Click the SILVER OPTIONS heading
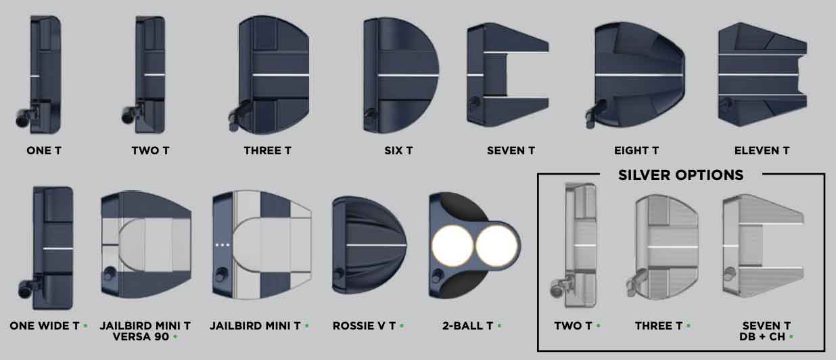pos(680,175)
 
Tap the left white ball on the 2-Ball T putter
pos(452,246)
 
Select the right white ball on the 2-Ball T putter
pos(496,246)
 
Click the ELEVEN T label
pos(762,150)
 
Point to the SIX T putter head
pos(400,75)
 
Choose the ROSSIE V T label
pos(364,325)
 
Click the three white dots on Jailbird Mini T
pos(223,246)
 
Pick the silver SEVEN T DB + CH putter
pos(763,246)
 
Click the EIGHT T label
pos(636,150)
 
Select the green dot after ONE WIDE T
pos(85,325)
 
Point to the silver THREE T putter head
pos(661,247)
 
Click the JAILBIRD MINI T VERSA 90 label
pos(145,331)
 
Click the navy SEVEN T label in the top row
pos(511,150)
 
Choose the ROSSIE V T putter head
pos(369,246)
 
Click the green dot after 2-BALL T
pos(500,325)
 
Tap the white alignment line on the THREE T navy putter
pos(281,75)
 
